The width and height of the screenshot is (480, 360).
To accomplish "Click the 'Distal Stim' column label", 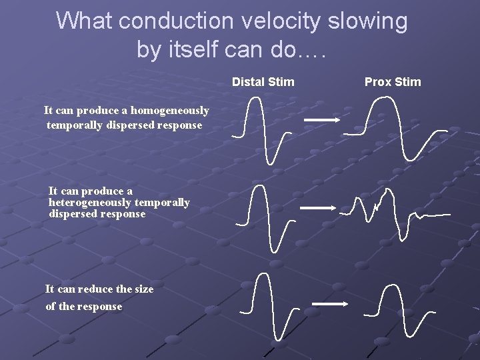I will coord(263,82).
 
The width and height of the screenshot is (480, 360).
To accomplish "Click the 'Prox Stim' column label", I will coord(393,82).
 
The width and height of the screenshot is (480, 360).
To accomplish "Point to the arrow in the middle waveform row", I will coord(318,208).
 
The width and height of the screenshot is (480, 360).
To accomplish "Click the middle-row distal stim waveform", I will coord(264,217).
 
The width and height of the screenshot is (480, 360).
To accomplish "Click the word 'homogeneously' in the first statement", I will coord(169,111).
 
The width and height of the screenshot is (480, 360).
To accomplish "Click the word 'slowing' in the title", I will coord(367,21).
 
